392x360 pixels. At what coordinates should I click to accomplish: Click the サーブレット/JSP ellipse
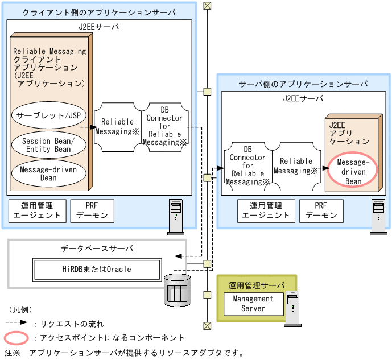(x=48, y=116)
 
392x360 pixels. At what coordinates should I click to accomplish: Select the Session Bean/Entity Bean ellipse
(x=48, y=144)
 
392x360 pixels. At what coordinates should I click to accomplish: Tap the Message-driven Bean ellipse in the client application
(x=48, y=173)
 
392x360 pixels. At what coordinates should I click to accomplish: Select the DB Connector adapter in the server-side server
(x=247, y=165)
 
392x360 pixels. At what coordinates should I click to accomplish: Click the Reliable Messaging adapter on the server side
(x=296, y=165)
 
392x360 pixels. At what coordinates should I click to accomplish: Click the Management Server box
(x=253, y=303)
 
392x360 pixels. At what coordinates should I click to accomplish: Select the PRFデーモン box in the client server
(x=93, y=210)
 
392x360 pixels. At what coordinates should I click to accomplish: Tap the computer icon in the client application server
(x=176, y=216)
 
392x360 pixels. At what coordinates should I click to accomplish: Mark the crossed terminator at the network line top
(x=208, y=6)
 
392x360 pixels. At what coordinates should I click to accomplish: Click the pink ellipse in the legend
(x=16, y=338)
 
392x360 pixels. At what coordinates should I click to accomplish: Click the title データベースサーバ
(x=97, y=249)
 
